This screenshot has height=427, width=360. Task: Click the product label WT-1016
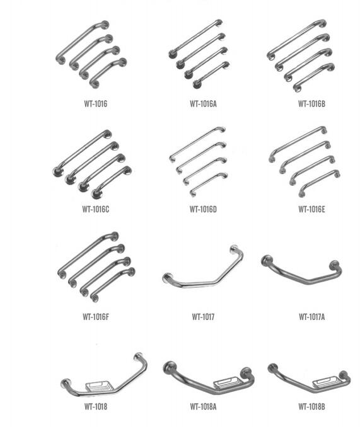point(96,104)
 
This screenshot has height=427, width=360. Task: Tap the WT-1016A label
point(203,104)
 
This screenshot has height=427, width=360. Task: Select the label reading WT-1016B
point(311,104)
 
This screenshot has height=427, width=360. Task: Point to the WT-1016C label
point(96,209)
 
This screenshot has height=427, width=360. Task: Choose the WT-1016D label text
point(203,209)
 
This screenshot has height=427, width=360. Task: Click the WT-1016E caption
point(311,209)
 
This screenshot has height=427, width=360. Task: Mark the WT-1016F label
point(96,317)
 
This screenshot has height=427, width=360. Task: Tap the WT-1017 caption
point(203,317)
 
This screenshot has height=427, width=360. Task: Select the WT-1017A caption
point(311,317)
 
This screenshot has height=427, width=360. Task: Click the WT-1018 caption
point(96,406)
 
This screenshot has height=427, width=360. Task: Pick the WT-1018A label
point(203,406)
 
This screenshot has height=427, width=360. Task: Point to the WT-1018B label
point(311,406)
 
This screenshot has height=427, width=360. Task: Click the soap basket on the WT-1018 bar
point(98,385)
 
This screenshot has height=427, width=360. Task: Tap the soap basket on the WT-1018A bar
point(227,382)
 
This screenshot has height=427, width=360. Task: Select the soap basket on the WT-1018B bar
point(326,382)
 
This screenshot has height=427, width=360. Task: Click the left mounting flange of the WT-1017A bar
point(267,260)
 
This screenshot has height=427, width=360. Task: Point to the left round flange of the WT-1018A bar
point(170,368)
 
